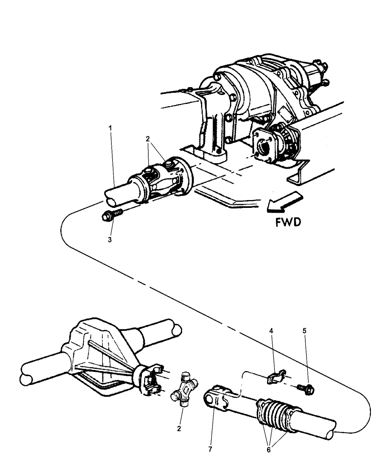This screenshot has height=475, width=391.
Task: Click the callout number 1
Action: click(110, 128)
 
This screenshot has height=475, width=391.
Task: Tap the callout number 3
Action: click(110, 240)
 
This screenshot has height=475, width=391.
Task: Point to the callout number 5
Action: click(305, 330)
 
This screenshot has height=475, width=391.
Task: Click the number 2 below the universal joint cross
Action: click(179, 429)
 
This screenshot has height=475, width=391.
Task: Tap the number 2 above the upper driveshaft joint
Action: click(147, 139)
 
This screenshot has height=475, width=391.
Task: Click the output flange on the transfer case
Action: click(265, 147)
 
